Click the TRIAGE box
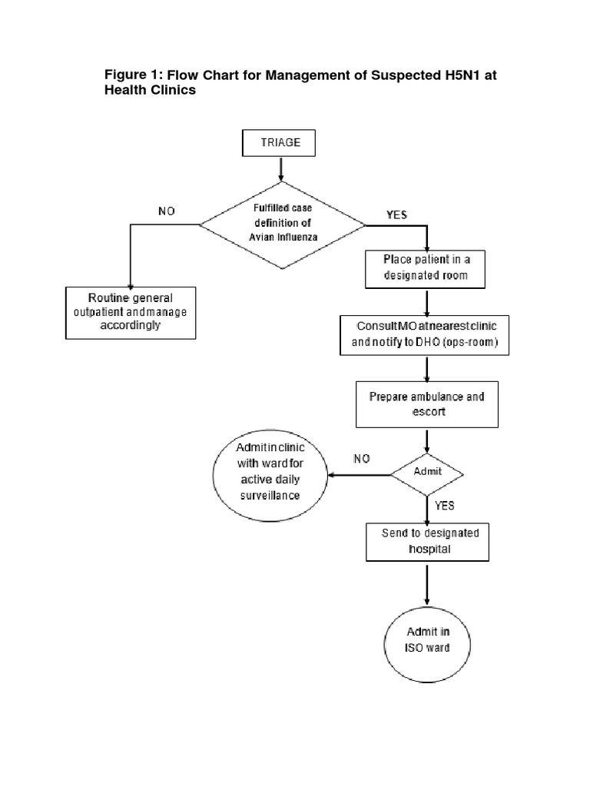[277, 143]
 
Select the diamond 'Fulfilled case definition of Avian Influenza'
[283, 225]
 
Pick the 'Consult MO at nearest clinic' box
[425, 334]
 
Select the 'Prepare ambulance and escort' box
[426, 405]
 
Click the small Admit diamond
[427, 472]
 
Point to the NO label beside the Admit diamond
[361, 459]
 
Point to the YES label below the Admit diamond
[445, 506]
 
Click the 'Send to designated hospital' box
[425, 541]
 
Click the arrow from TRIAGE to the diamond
[282, 168]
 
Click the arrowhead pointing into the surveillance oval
[332, 476]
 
